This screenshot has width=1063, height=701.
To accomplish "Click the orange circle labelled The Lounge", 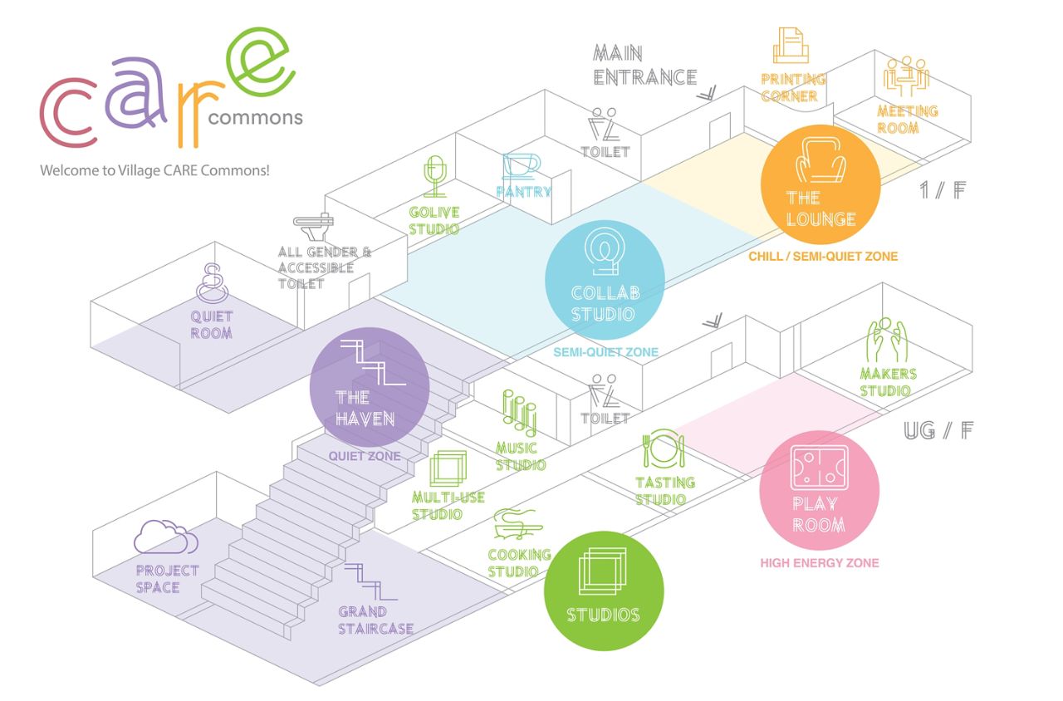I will coord(821,184).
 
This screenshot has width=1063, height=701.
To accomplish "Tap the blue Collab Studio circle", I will coord(605,280).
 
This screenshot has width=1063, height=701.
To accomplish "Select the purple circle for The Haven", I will coord(369,387).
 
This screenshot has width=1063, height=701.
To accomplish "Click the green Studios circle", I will coord(604,591).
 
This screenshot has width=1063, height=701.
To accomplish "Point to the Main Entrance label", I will coord(644,66).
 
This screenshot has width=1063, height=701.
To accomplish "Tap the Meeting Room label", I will coord(908,120).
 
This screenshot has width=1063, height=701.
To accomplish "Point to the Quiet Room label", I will coord(212,325).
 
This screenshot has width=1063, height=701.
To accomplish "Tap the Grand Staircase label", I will coord(375,620).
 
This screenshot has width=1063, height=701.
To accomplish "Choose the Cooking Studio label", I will coord(519,563).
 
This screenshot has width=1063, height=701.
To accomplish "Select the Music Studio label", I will coord(521,456).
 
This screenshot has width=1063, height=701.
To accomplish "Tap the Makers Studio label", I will coord(888,382).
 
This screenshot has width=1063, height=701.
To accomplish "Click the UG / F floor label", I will coord(938,430).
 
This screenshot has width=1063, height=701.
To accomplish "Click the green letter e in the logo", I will coord(262,60).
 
